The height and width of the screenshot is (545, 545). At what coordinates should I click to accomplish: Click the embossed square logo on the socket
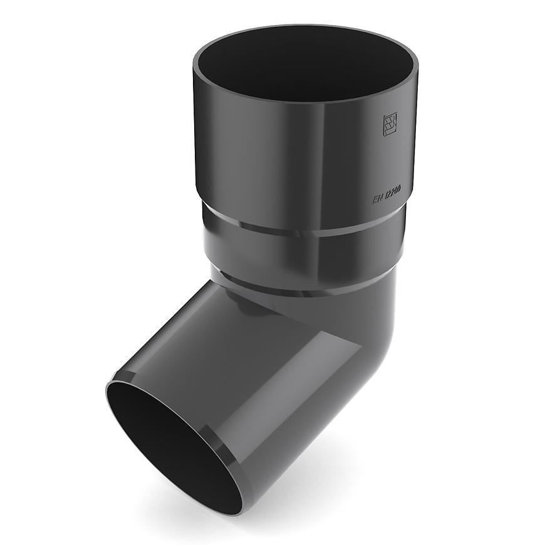coord(390,125)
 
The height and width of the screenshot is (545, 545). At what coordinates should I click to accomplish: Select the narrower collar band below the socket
coord(301,251)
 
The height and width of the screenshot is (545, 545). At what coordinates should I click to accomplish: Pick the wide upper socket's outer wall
coord(263,157)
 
